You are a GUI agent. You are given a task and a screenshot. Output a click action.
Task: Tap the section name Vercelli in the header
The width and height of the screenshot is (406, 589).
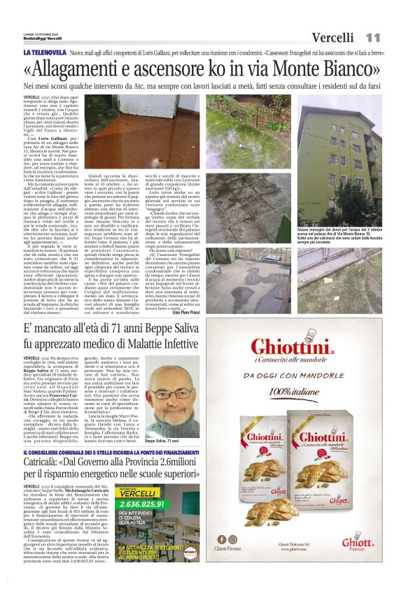(332, 37)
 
